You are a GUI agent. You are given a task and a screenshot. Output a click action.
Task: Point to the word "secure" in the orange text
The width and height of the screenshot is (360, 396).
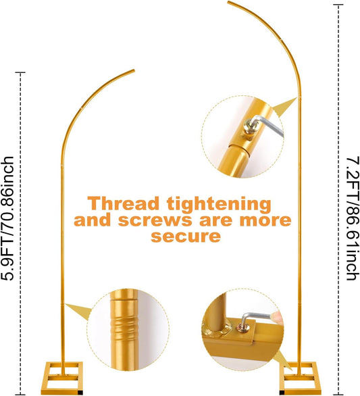click(186, 236)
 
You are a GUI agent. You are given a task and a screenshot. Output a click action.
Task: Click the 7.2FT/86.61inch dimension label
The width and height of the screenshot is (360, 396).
click(352, 218)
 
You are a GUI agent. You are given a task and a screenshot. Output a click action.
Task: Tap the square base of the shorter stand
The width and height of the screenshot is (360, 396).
click(61, 377)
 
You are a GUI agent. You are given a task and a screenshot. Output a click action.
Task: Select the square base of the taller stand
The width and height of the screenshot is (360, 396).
click(300, 378)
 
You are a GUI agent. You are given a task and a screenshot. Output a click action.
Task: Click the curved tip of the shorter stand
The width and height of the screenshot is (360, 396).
click(133, 71)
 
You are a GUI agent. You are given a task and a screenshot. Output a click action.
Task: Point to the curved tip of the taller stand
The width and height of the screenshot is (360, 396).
click(229, 2)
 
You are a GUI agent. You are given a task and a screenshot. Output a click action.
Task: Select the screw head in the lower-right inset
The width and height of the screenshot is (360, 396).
click(244, 328)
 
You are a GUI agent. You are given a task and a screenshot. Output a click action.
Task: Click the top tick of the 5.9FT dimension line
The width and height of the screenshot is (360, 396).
click(20, 72)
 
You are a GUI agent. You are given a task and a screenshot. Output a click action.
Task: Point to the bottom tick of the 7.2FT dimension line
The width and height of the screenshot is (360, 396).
click(338, 394)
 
